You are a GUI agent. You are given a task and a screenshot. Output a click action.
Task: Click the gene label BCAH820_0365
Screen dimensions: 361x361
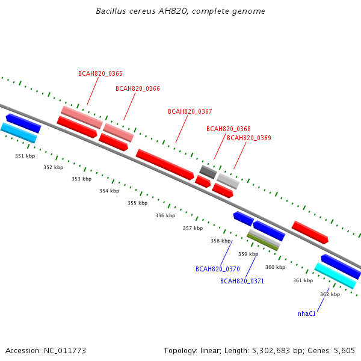100,73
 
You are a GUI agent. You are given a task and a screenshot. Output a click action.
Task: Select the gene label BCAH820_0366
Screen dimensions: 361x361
138,88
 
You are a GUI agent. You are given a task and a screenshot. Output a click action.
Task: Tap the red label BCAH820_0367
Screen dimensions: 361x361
190,111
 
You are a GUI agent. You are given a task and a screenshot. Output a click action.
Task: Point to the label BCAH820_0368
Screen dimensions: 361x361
229,129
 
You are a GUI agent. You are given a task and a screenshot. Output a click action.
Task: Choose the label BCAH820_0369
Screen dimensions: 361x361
249,138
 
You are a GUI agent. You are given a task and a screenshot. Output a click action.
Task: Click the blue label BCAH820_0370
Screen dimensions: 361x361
218,269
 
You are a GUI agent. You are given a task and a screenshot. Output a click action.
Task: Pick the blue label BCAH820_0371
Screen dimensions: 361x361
242,281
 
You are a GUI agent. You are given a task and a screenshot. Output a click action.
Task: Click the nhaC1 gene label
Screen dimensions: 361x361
307,314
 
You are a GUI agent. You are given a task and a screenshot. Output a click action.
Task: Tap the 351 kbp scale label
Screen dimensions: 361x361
25,156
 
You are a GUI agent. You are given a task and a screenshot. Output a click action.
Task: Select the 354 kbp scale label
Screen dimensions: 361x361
110,191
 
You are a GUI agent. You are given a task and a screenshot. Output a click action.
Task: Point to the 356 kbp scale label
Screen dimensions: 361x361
165,215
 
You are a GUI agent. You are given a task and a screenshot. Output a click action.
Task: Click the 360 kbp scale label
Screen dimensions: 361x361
276,267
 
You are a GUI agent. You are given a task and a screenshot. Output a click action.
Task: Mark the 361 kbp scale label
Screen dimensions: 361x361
303,280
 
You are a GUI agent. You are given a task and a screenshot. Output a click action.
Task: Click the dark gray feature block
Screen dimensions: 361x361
208,172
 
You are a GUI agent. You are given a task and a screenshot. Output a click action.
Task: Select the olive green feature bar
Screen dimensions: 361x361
263,242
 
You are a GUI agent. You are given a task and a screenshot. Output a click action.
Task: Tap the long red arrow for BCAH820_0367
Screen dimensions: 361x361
165,164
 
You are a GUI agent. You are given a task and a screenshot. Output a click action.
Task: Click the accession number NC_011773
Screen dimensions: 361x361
65,351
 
